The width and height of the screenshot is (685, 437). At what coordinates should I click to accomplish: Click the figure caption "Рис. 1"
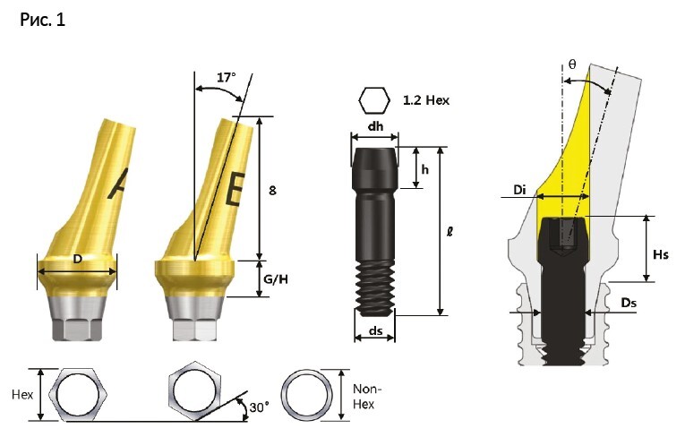(x=42, y=20)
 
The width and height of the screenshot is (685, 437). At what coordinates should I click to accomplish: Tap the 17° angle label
(x=227, y=78)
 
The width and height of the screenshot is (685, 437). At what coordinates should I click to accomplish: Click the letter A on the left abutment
(x=117, y=184)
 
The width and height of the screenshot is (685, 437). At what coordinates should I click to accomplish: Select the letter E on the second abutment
(x=235, y=189)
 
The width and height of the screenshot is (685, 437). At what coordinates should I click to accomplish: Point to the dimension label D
(x=77, y=259)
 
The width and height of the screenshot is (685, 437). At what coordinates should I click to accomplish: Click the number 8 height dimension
(x=272, y=191)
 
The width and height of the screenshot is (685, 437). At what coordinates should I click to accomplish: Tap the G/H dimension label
(x=276, y=279)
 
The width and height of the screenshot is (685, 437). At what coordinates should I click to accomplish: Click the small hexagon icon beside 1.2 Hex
(x=374, y=100)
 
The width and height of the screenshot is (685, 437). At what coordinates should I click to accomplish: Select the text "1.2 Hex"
(x=426, y=100)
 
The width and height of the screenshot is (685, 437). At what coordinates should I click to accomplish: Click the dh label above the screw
(x=376, y=126)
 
